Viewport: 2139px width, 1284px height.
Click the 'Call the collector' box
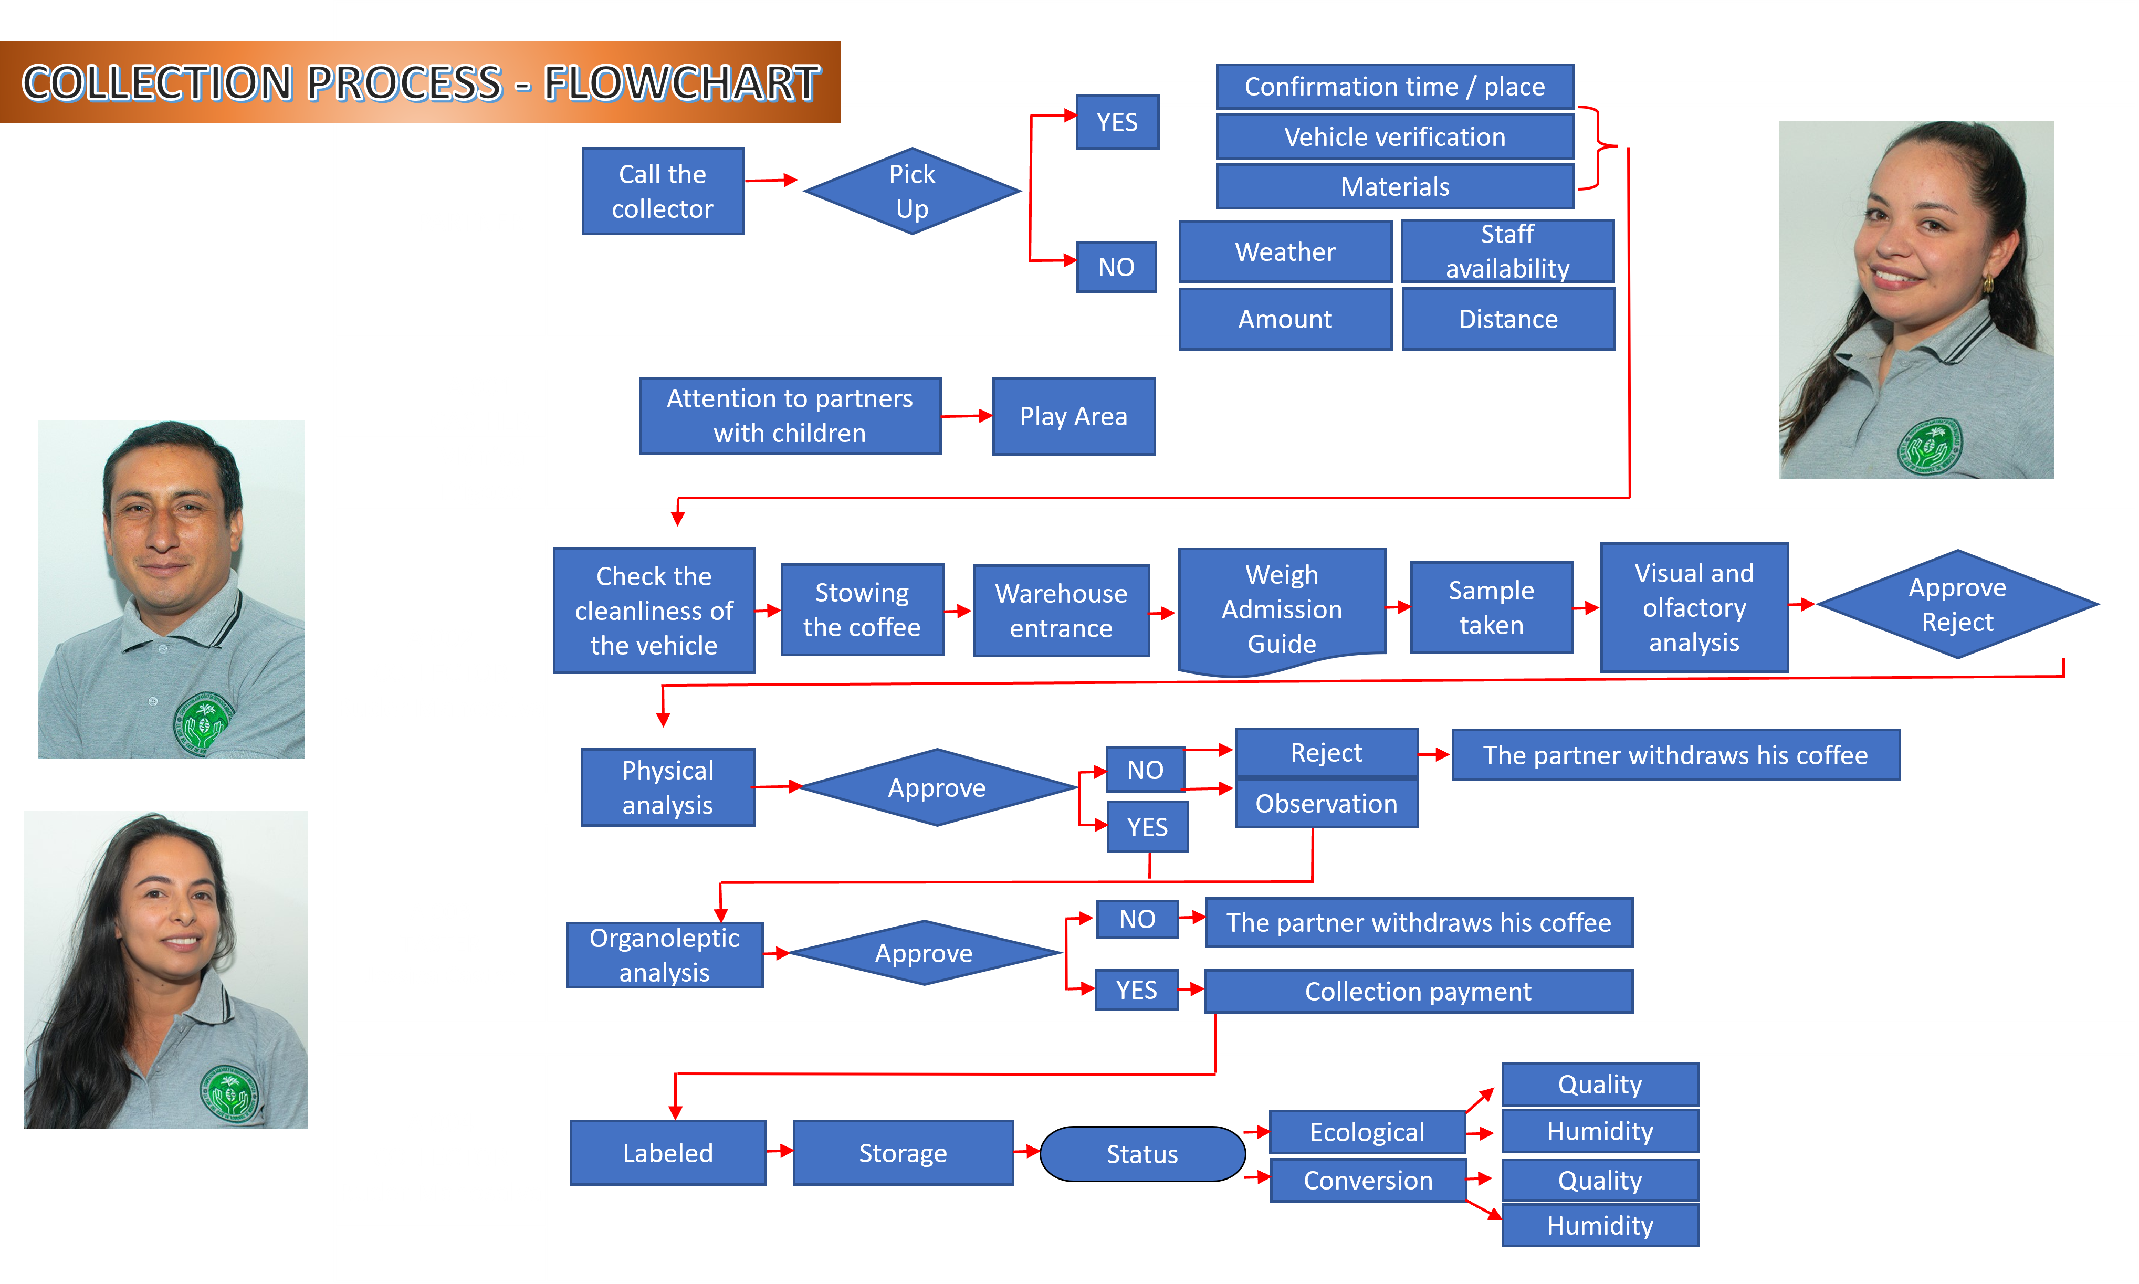pos(662,191)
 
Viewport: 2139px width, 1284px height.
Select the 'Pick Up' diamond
pos(912,191)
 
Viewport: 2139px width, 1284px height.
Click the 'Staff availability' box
pos(1507,251)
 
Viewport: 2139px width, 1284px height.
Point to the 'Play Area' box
pos(1073,416)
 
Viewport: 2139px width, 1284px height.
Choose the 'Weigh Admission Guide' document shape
pos(1282,609)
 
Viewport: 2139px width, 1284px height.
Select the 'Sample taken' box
pos(1491,607)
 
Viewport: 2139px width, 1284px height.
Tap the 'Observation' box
pos(1326,804)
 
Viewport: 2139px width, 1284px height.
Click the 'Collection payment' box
pos(1418,992)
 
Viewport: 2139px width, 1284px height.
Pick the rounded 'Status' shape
pos(1141,1154)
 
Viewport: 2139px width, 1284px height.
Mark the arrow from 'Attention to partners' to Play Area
pos(966,416)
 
